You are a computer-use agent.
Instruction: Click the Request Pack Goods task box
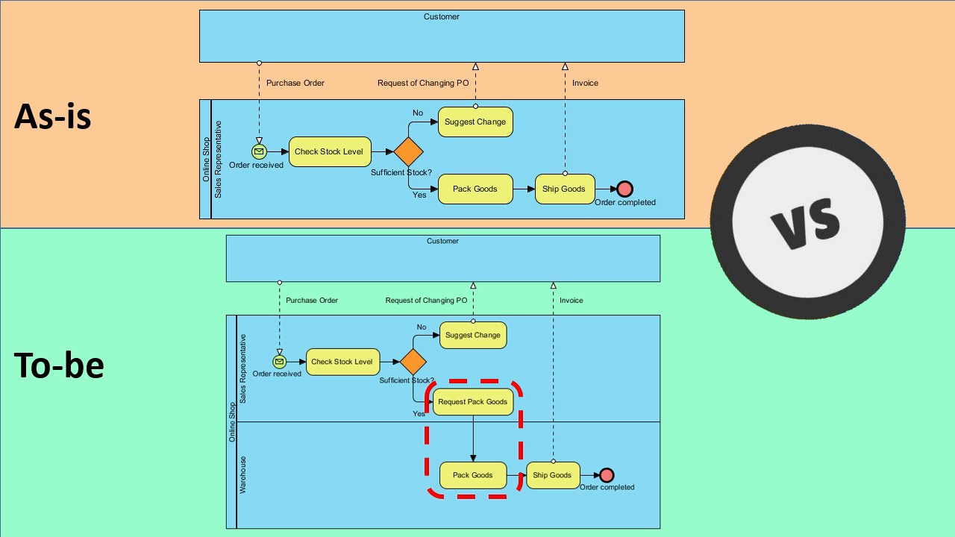pos(473,401)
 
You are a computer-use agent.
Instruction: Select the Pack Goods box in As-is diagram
pos(475,189)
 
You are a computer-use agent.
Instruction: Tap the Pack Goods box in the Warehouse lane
pos(473,475)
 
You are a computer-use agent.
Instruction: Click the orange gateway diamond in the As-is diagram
pos(408,151)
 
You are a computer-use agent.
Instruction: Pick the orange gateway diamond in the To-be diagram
pos(413,362)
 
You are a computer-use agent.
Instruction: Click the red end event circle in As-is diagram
pos(624,189)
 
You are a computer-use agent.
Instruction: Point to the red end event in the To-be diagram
pos(607,475)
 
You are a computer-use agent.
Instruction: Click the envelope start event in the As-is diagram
pos(259,151)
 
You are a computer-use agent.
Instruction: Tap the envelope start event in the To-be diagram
pos(279,362)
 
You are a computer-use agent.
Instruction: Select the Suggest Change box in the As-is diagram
pos(475,122)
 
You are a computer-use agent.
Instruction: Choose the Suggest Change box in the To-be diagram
pos(473,335)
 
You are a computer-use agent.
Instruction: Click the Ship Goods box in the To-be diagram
pos(552,475)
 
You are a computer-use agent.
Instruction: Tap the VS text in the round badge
pos(808,222)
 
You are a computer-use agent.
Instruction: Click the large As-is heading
pos(53,116)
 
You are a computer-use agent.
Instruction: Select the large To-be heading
pos(59,365)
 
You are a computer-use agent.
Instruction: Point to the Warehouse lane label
pos(242,475)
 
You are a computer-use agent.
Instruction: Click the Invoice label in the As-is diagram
pos(585,83)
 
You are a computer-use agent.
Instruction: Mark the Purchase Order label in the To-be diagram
pos(312,300)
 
